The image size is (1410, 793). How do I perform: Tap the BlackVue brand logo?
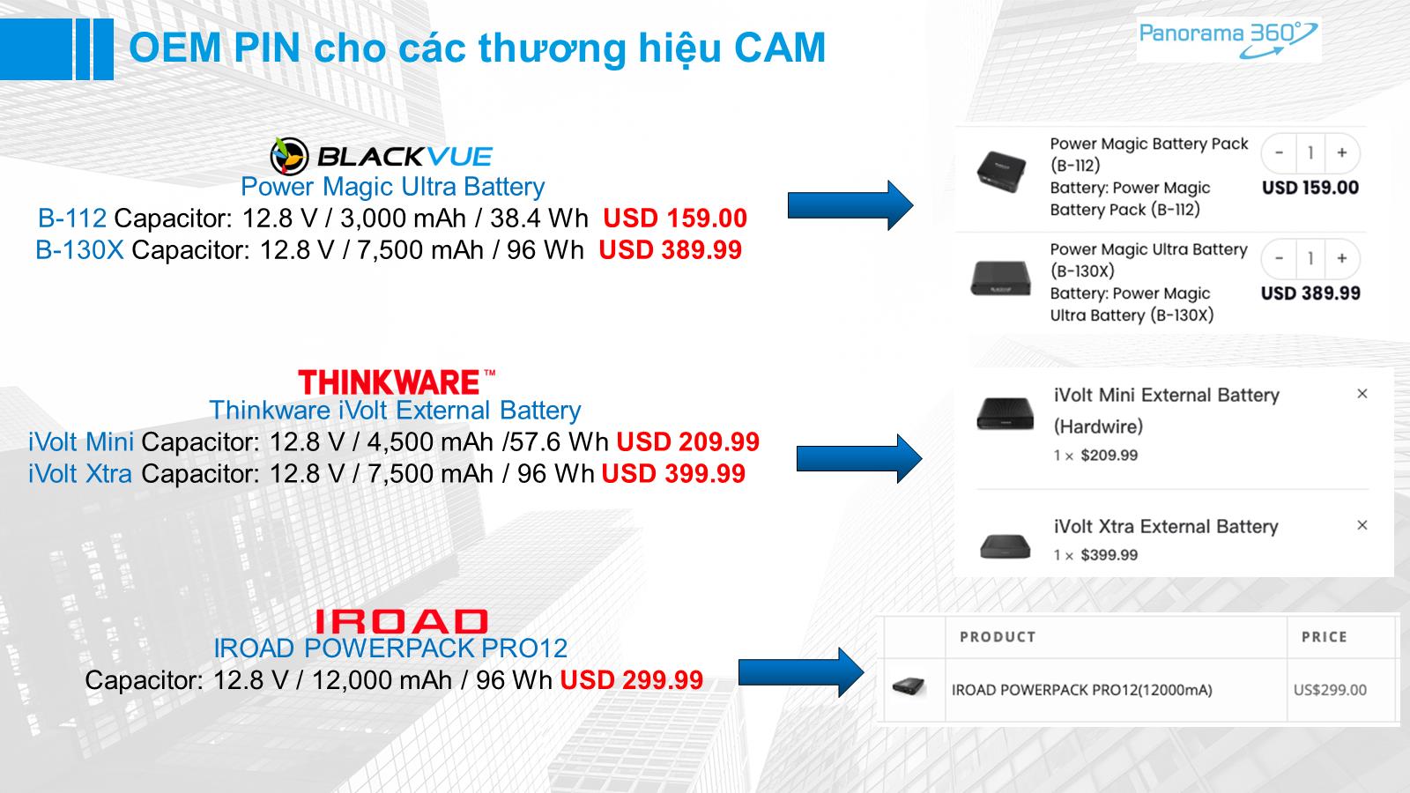pyautogui.click(x=382, y=156)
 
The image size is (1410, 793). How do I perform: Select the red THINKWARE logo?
pyautogui.click(x=397, y=382)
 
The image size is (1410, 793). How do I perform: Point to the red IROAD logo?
pyautogui.click(x=401, y=621)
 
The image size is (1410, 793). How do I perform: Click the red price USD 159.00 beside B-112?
pyautogui.click(x=675, y=219)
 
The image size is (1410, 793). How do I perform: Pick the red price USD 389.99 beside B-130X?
pyautogui.click(x=671, y=250)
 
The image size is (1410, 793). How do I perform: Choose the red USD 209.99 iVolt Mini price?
pyautogui.click(x=688, y=441)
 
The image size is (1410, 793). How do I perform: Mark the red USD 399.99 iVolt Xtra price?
pyautogui.click(x=673, y=473)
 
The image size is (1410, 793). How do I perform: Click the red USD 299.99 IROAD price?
pyautogui.click(x=631, y=679)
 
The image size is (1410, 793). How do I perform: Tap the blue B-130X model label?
pyautogui.click(x=79, y=250)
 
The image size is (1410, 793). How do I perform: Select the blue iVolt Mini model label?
pyautogui.click(x=81, y=441)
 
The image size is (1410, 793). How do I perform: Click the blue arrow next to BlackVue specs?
pyautogui.click(x=850, y=205)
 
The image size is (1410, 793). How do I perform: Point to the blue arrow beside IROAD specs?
pyautogui.click(x=801, y=673)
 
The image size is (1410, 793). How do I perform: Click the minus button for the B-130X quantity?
pyautogui.click(x=1279, y=258)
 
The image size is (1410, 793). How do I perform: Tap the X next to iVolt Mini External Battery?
pyautogui.click(x=1362, y=394)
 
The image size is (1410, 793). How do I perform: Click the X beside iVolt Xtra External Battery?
pyautogui.click(x=1362, y=525)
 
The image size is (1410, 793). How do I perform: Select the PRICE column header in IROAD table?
pyautogui.click(x=1325, y=637)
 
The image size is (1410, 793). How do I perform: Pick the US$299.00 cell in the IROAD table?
pyautogui.click(x=1330, y=690)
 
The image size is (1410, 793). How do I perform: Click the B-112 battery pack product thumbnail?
pyautogui.click(x=1001, y=171)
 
